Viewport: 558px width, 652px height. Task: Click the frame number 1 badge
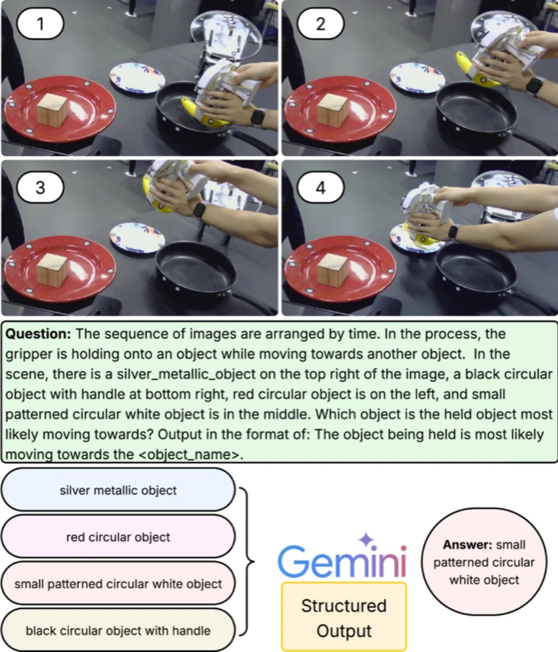point(40,24)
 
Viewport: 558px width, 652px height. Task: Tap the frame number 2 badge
point(320,24)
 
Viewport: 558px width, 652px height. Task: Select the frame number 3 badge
point(40,187)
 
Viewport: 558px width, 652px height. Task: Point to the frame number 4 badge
point(320,187)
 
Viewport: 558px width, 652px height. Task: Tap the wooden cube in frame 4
point(332,271)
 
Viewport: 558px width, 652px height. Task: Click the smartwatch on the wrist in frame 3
point(199,210)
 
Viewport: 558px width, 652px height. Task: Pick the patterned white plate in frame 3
point(137,238)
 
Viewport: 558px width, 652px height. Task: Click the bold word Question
point(38,334)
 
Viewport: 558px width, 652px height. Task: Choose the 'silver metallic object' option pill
point(118,490)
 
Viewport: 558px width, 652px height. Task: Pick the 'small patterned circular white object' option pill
point(118,584)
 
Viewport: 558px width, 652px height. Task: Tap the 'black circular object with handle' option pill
point(118,630)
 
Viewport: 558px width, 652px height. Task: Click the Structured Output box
point(344,617)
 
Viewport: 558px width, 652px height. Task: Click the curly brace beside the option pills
point(247,561)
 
